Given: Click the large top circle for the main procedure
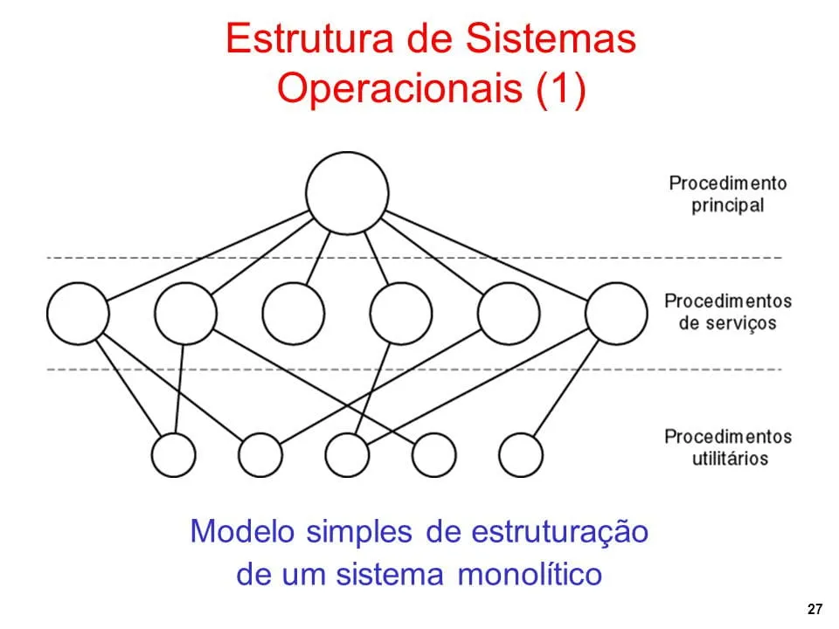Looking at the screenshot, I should tap(347, 193).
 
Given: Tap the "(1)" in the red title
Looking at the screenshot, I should tap(557, 90).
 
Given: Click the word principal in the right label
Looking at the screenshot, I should tap(727, 205).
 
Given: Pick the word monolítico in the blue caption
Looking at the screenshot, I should tap(530, 576).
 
